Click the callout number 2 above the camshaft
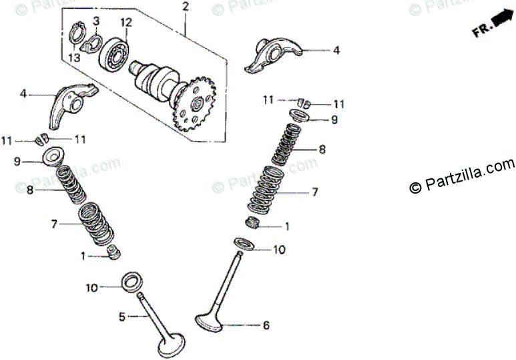click(185, 7)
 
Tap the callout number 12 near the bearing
click(126, 22)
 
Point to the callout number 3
click(96, 21)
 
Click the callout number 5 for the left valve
click(122, 317)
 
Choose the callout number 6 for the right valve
click(266, 326)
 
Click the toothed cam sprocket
click(194, 104)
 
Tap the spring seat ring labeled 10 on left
click(130, 281)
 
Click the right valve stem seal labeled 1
click(253, 222)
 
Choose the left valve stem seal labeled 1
click(114, 253)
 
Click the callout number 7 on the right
click(315, 192)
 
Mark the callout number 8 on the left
click(29, 190)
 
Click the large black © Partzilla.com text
click(462, 176)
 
